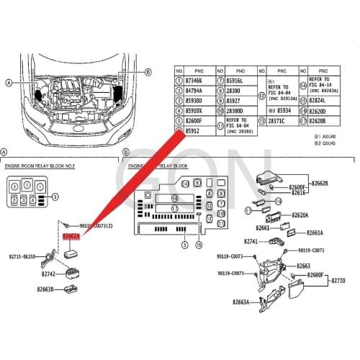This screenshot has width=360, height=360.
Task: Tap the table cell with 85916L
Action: click(x=235, y=82)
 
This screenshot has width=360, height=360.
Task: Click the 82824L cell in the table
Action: click(x=318, y=101)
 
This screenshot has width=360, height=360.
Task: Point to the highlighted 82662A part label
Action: click(x=71, y=235)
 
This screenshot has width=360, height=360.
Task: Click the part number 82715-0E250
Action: click(x=23, y=256)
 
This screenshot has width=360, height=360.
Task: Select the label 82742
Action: click(x=48, y=274)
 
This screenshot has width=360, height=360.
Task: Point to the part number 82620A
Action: click(x=300, y=215)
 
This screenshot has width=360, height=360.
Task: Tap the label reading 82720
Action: click(x=338, y=279)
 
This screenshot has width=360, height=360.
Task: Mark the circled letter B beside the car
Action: click(x=148, y=72)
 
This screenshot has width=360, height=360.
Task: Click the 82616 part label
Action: click(x=300, y=194)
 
